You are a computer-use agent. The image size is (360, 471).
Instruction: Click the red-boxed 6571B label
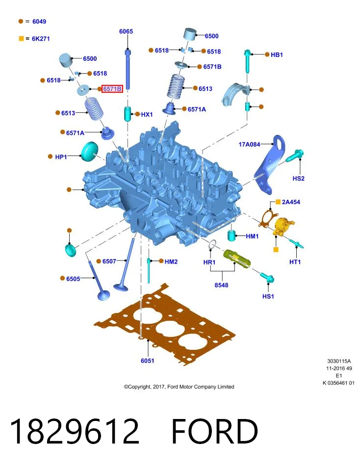point(112,89)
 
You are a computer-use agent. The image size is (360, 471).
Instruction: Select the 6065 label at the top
point(126,31)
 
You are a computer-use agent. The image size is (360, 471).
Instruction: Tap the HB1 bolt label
point(277,54)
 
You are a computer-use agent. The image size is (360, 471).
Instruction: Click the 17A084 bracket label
point(249,144)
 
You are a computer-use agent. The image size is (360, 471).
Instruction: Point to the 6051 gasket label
point(148,361)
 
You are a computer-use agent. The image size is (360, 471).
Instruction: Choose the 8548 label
point(221,285)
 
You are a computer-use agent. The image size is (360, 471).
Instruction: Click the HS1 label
point(268,296)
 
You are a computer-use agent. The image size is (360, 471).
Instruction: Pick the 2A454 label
point(291,202)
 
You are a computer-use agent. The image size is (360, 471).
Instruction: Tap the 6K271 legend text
point(41,39)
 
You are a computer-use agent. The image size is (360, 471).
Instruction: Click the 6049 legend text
point(39,21)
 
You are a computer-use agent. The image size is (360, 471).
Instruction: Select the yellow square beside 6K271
point(21,38)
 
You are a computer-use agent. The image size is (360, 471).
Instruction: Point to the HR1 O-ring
point(212,245)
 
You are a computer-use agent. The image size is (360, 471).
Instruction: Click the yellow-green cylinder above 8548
point(237,259)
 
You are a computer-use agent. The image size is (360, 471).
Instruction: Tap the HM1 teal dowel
point(231,235)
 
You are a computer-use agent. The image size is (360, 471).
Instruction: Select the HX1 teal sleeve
point(128,113)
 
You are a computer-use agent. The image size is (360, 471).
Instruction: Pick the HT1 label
point(295,262)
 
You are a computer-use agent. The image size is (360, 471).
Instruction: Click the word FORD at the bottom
point(215,431)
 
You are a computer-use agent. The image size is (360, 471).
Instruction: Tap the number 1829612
point(75,431)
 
